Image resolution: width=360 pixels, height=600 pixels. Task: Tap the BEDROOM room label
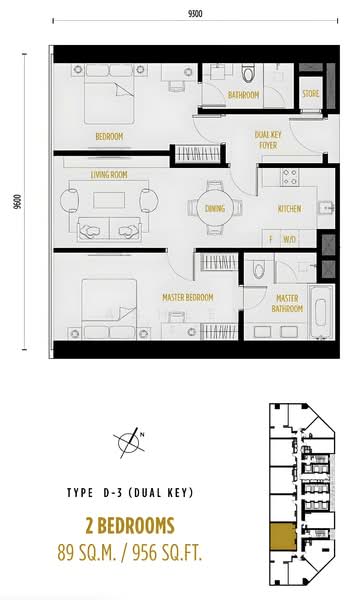pyautogui.click(x=109, y=135)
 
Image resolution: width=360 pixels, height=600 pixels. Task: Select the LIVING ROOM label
pyautogui.click(x=113, y=174)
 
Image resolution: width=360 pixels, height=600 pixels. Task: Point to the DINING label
pyautogui.click(x=214, y=209)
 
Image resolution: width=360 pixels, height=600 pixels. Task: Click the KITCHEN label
pyautogui.click(x=290, y=209)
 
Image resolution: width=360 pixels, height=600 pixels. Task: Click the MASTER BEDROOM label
pyautogui.click(x=187, y=297)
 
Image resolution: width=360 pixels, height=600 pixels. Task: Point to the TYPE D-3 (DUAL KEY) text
pyautogui.click(x=130, y=493)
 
